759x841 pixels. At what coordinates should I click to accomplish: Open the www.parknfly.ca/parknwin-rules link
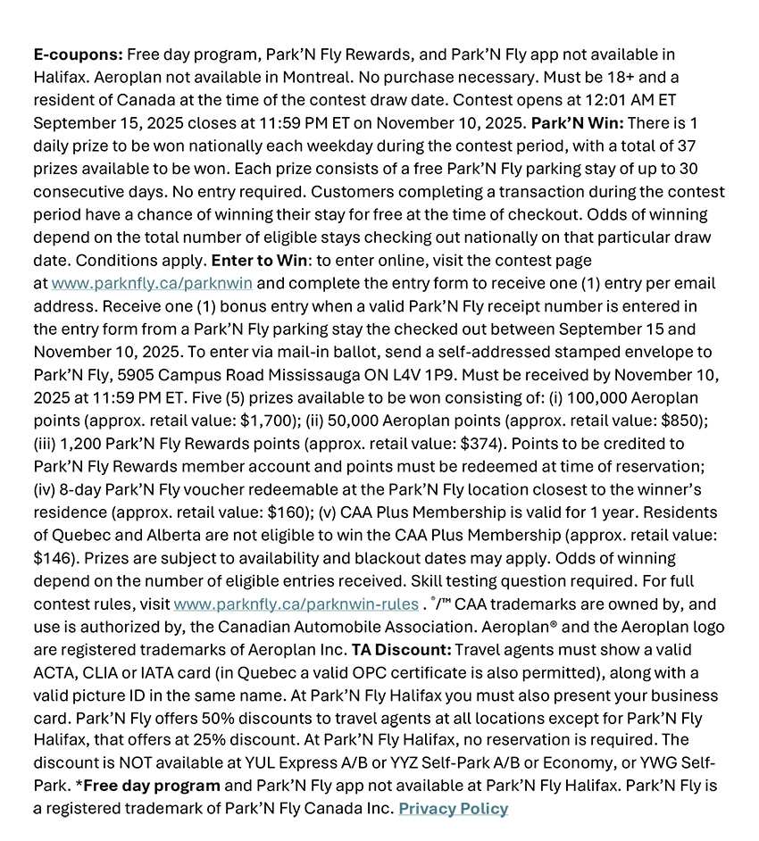[296, 604]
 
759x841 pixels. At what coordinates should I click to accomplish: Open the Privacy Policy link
[453, 809]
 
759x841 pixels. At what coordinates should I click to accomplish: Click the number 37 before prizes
[706, 146]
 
